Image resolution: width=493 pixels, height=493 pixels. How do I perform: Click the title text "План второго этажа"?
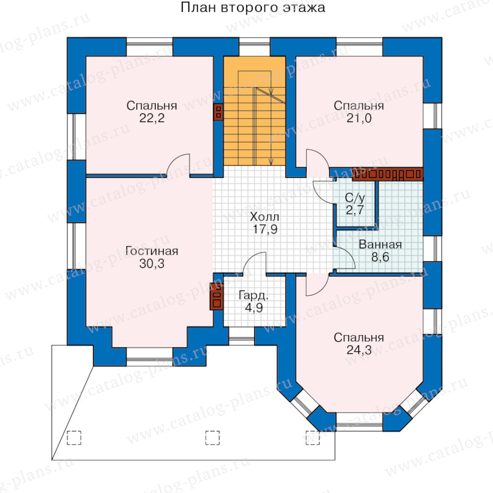[253, 8]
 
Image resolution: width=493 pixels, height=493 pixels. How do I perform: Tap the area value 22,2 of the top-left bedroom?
[152, 118]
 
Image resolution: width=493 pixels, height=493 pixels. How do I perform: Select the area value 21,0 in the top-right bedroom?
[359, 118]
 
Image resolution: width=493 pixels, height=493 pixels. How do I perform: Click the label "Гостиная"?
[152, 251]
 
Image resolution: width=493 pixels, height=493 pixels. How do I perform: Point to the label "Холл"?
[265, 216]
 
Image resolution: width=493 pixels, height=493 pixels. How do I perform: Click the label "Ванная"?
[380, 245]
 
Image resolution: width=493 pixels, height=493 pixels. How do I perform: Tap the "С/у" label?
[355, 198]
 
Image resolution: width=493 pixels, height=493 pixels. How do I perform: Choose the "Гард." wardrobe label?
[254, 295]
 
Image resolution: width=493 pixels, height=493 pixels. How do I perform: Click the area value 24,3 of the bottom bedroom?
[359, 349]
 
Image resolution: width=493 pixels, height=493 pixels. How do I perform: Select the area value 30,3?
[152, 263]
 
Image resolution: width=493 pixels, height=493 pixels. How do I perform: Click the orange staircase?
[254, 111]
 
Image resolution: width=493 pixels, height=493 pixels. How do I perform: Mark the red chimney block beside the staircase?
[218, 112]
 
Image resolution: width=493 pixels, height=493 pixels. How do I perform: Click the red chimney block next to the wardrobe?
[216, 296]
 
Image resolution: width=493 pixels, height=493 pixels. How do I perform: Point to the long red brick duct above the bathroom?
[387, 174]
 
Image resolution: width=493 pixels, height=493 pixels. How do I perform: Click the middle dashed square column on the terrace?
[213, 438]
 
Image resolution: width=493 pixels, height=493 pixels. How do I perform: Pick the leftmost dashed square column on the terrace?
[74, 438]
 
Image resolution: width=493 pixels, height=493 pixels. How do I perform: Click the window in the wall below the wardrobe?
[242, 336]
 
